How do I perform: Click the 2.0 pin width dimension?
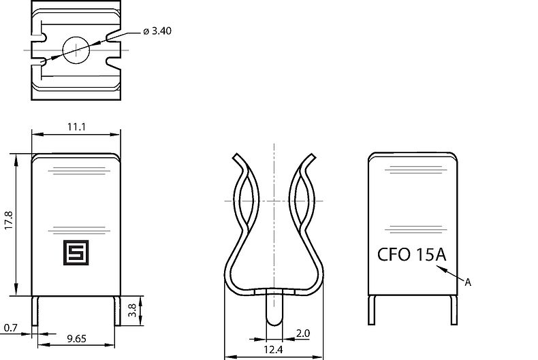(304, 333)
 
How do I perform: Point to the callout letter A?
(467, 281)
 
